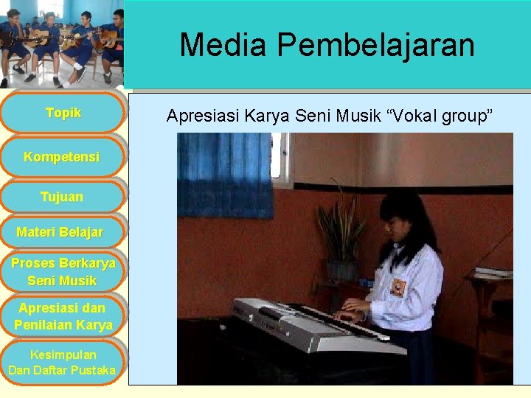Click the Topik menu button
[x=63, y=113]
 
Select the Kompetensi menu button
[x=62, y=157]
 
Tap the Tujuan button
[x=62, y=197]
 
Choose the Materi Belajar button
[x=60, y=233]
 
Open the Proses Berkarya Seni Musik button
[x=63, y=272]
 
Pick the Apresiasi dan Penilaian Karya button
[x=63, y=316]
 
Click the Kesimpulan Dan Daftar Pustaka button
[x=62, y=362]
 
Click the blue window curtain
[x=224, y=175]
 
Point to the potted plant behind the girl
[x=341, y=232]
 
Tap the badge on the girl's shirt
[x=398, y=286]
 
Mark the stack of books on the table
[x=493, y=273]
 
